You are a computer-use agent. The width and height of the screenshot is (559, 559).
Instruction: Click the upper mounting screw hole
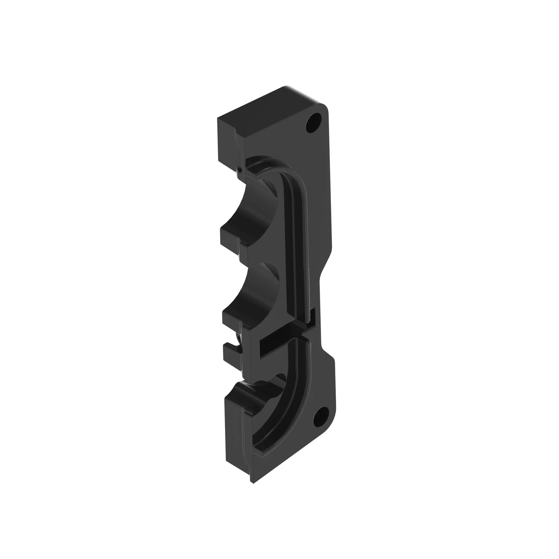314,123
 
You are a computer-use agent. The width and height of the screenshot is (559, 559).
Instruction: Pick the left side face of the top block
226,139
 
